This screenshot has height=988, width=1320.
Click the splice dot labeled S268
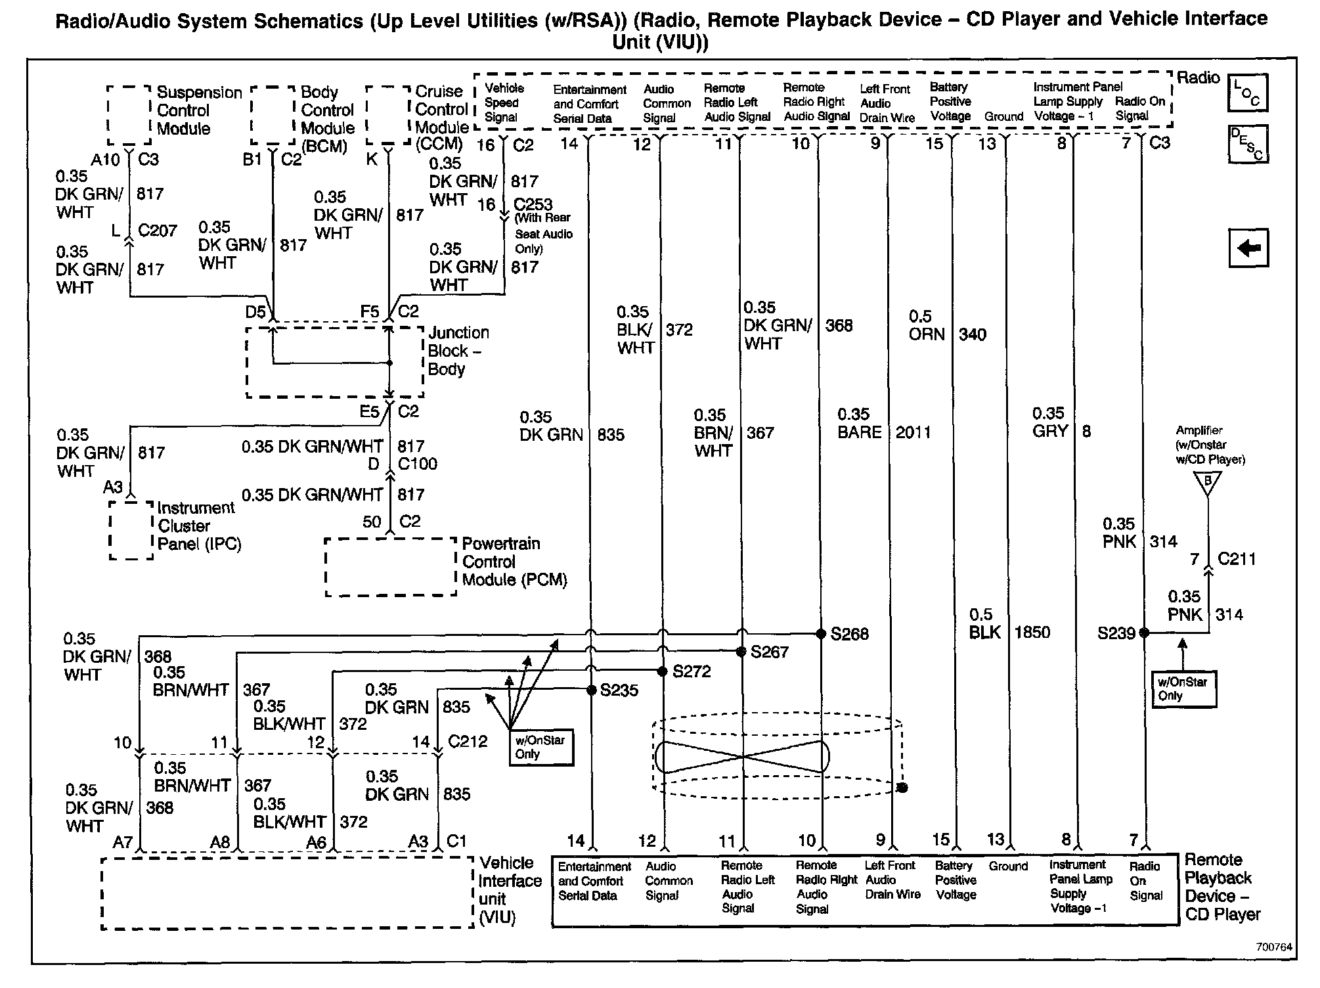coord(820,634)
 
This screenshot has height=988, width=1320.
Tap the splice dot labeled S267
coord(741,652)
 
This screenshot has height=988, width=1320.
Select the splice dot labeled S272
coord(662,671)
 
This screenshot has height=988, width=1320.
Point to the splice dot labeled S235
coord(591,690)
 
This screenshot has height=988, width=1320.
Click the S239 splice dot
coord(1144,633)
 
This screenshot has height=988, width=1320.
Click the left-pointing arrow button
coord(1248,248)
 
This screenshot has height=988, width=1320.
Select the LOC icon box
coord(1247,93)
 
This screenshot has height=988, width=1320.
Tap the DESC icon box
coord(1247,144)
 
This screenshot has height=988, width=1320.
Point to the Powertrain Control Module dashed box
coord(391,567)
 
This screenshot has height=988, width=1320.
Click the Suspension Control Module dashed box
coord(129,115)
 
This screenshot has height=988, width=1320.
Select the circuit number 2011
coord(913,432)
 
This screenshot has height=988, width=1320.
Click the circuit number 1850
coord(1032,632)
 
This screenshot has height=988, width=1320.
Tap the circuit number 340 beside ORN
coord(972,334)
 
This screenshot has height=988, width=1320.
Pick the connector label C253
coord(533,204)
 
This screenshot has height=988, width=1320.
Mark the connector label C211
coord(1237,559)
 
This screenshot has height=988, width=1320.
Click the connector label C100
coord(418,464)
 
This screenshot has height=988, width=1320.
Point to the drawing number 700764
coord(1273,947)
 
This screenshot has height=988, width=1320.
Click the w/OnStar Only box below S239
coord(1183,688)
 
